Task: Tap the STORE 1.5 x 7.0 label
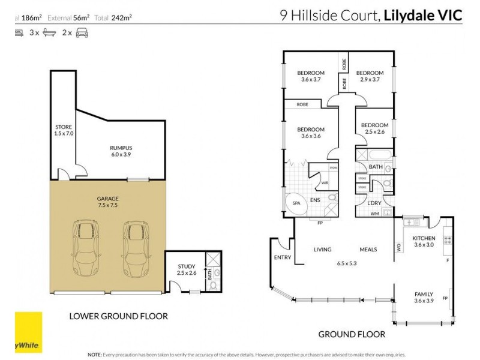(63, 131)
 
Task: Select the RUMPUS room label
(121, 151)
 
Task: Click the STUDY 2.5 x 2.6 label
(187, 270)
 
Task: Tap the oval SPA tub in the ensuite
(296, 203)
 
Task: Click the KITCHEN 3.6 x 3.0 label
(423, 241)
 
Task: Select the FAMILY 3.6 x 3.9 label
(424, 297)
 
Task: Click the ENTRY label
(282, 257)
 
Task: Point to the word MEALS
(368, 250)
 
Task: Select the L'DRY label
(376, 203)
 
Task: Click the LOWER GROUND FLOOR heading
(118, 316)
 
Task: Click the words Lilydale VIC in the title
(424, 16)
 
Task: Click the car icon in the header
(82, 34)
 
